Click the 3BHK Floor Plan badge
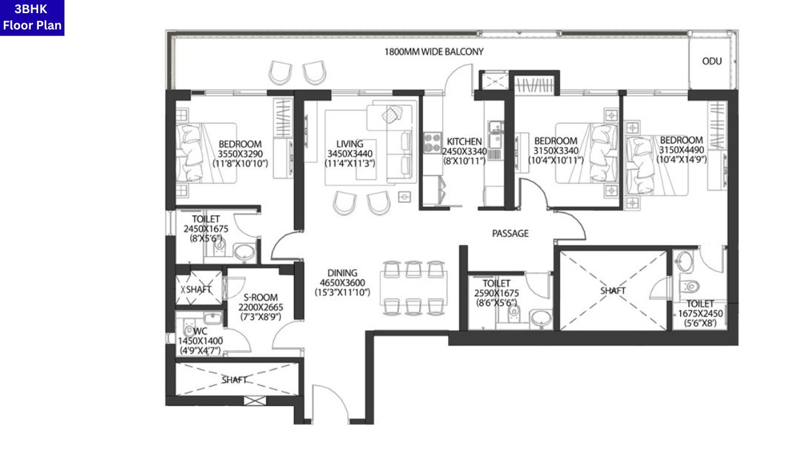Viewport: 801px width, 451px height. [x=32, y=18]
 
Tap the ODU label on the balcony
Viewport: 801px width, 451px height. [x=712, y=61]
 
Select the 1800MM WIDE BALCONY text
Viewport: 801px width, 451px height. [x=434, y=52]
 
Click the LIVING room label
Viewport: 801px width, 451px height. [x=349, y=144]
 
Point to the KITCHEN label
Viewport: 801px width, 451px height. [x=464, y=142]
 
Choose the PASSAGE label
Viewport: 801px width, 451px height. [x=510, y=234]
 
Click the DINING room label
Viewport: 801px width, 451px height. [x=342, y=273]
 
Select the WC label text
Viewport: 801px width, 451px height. [x=200, y=331]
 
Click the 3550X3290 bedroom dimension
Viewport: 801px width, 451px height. [x=241, y=153]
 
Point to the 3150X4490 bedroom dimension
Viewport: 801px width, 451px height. [x=681, y=150]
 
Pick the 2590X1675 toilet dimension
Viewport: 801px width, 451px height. [x=496, y=293]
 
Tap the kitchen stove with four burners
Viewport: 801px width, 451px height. [x=432, y=143]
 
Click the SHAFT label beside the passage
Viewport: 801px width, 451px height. [x=613, y=291]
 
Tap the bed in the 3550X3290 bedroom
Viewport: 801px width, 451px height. [x=207, y=153]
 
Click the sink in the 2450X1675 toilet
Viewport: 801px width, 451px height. [x=244, y=253]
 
